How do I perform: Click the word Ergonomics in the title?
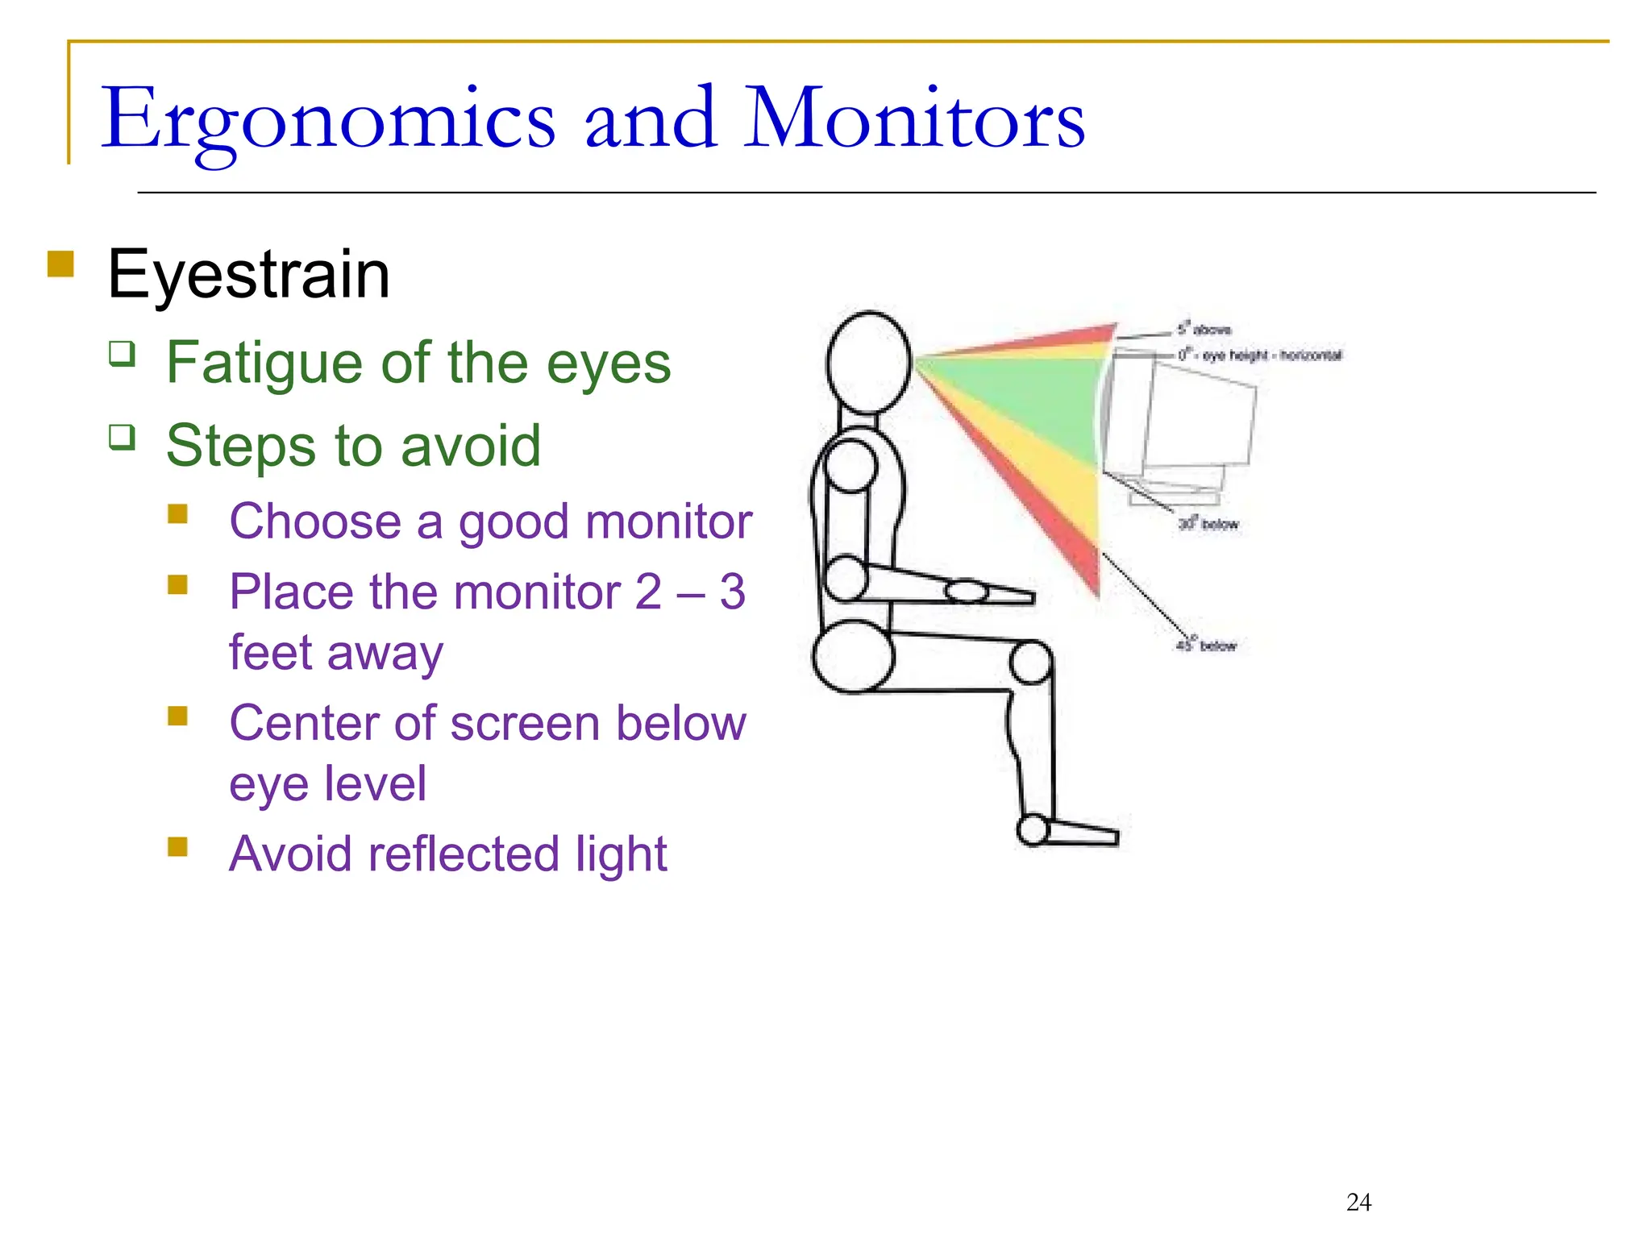click(x=327, y=121)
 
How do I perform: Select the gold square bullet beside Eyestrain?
click(x=60, y=264)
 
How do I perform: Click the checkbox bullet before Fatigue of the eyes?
click(x=122, y=353)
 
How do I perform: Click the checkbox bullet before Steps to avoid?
click(x=122, y=437)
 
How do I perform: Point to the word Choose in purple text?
click(x=314, y=521)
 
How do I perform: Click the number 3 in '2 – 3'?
click(x=732, y=592)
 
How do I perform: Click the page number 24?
click(x=1358, y=1202)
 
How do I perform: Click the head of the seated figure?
click(x=869, y=363)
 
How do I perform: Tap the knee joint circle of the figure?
click(x=1030, y=663)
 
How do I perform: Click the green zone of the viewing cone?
click(x=1032, y=403)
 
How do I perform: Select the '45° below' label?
click(x=1206, y=646)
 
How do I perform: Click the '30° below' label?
click(x=1208, y=524)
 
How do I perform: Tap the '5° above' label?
click(x=1204, y=329)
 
